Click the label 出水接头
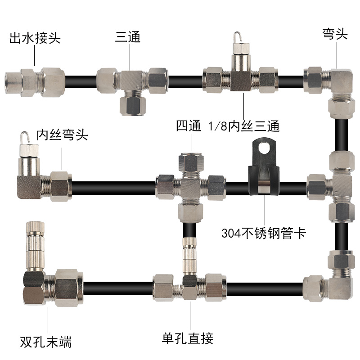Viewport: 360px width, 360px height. coord(35,38)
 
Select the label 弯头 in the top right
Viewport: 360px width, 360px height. coord(335,34)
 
